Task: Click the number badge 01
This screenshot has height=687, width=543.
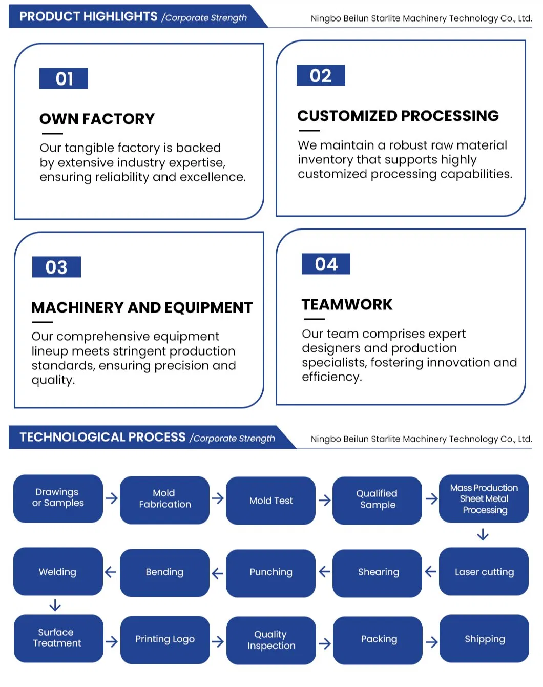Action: pyautogui.click(x=64, y=78)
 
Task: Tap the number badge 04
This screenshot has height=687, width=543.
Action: pyautogui.click(x=326, y=264)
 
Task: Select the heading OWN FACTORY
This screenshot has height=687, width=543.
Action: pyautogui.click(x=97, y=119)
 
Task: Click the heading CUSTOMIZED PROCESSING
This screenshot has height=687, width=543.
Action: pyautogui.click(x=398, y=116)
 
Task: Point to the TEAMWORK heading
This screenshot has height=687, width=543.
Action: pyautogui.click(x=347, y=304)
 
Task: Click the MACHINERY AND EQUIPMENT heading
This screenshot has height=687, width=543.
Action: pyautogui.click(x=142, y=307)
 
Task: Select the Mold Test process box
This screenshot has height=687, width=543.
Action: pyautogui.click(x=270, y=501)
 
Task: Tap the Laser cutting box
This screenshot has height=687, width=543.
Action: pyautogui.click(x=484, y=572)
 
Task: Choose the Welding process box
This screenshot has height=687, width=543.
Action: pyautogui.click(x=58, y=572)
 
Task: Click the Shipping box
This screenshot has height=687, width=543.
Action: pyautogui.click(x=484, y=639)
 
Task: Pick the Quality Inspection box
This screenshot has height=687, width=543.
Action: pyautogui.click(x=271, y=640)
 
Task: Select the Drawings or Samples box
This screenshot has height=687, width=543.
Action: pyautogui.click(x=58, y=498)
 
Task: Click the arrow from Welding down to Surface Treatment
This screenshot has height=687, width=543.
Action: pyautogui.click(x=55, y=606)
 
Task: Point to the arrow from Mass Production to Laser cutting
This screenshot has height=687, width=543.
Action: pyautogui.click(x=483, y=535)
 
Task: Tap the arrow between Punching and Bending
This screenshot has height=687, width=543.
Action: pyautogui.click(x=218, y=573)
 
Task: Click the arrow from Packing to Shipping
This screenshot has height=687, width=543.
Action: pyautogui.click(x=431, y=642)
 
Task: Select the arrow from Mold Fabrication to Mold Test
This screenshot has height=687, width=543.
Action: pyautogui.click(x=218, y=498)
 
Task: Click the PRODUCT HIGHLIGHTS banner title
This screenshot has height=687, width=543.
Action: pyautogui.click(x=89, y=16)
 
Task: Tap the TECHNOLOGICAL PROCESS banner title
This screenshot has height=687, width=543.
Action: pyautogui.click(x=102, y=437)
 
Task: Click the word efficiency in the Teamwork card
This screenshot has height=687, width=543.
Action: pyautogui.click(x=331, y=377)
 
